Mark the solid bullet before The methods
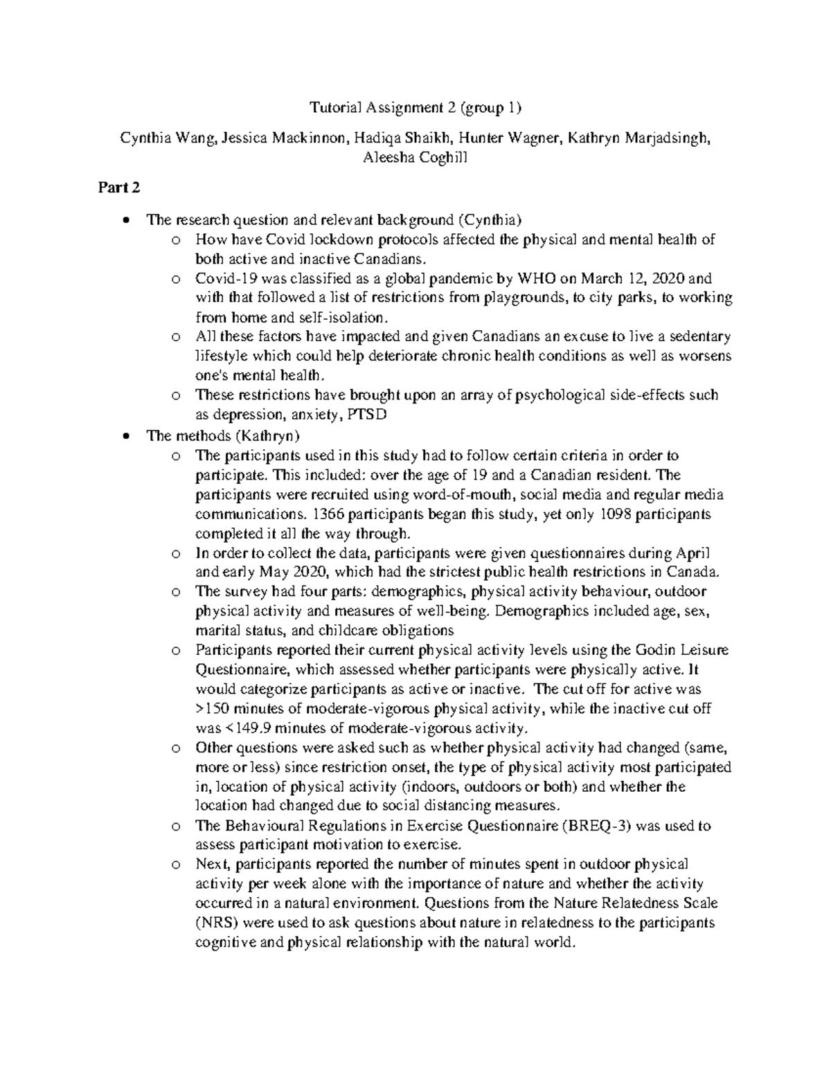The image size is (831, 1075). click(125, 436)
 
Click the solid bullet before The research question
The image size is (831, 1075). click(125, 221)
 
